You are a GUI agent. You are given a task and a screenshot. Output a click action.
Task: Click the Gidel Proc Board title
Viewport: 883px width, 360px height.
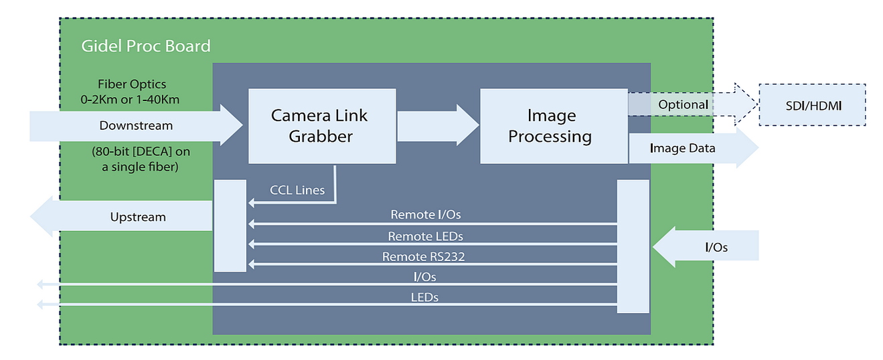coord(145,46)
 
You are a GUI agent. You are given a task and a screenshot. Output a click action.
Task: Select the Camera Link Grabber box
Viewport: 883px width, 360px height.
coord(319,126)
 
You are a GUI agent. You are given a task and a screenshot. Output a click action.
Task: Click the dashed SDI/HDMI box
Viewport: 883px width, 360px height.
coord(812,104)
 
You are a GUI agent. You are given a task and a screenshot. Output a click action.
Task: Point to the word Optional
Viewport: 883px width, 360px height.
coord(683,104)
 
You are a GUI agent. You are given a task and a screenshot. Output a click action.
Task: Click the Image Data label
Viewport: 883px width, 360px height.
coord(682,149)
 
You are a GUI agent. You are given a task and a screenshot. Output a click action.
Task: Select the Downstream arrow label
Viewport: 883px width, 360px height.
coord(136,125)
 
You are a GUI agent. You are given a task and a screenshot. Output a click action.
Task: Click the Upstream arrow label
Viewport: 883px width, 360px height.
coord(138,217)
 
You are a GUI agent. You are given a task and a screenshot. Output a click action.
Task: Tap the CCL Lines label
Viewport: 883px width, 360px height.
coord(297,190)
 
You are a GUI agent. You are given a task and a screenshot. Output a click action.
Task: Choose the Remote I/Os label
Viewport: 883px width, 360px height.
coord(426,215)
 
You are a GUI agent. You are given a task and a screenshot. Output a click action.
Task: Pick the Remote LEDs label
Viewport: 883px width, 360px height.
coord(425,236)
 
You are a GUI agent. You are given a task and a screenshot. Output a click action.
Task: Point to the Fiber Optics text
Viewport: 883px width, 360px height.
coord(132,84)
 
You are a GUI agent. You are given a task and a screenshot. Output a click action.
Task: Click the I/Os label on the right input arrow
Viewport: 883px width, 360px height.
coord(716,248)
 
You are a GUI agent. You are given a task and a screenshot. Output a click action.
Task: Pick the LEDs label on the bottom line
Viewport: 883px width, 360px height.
coord(424,296)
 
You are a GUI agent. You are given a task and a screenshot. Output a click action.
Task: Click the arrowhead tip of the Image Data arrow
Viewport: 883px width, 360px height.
coord(757,149)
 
